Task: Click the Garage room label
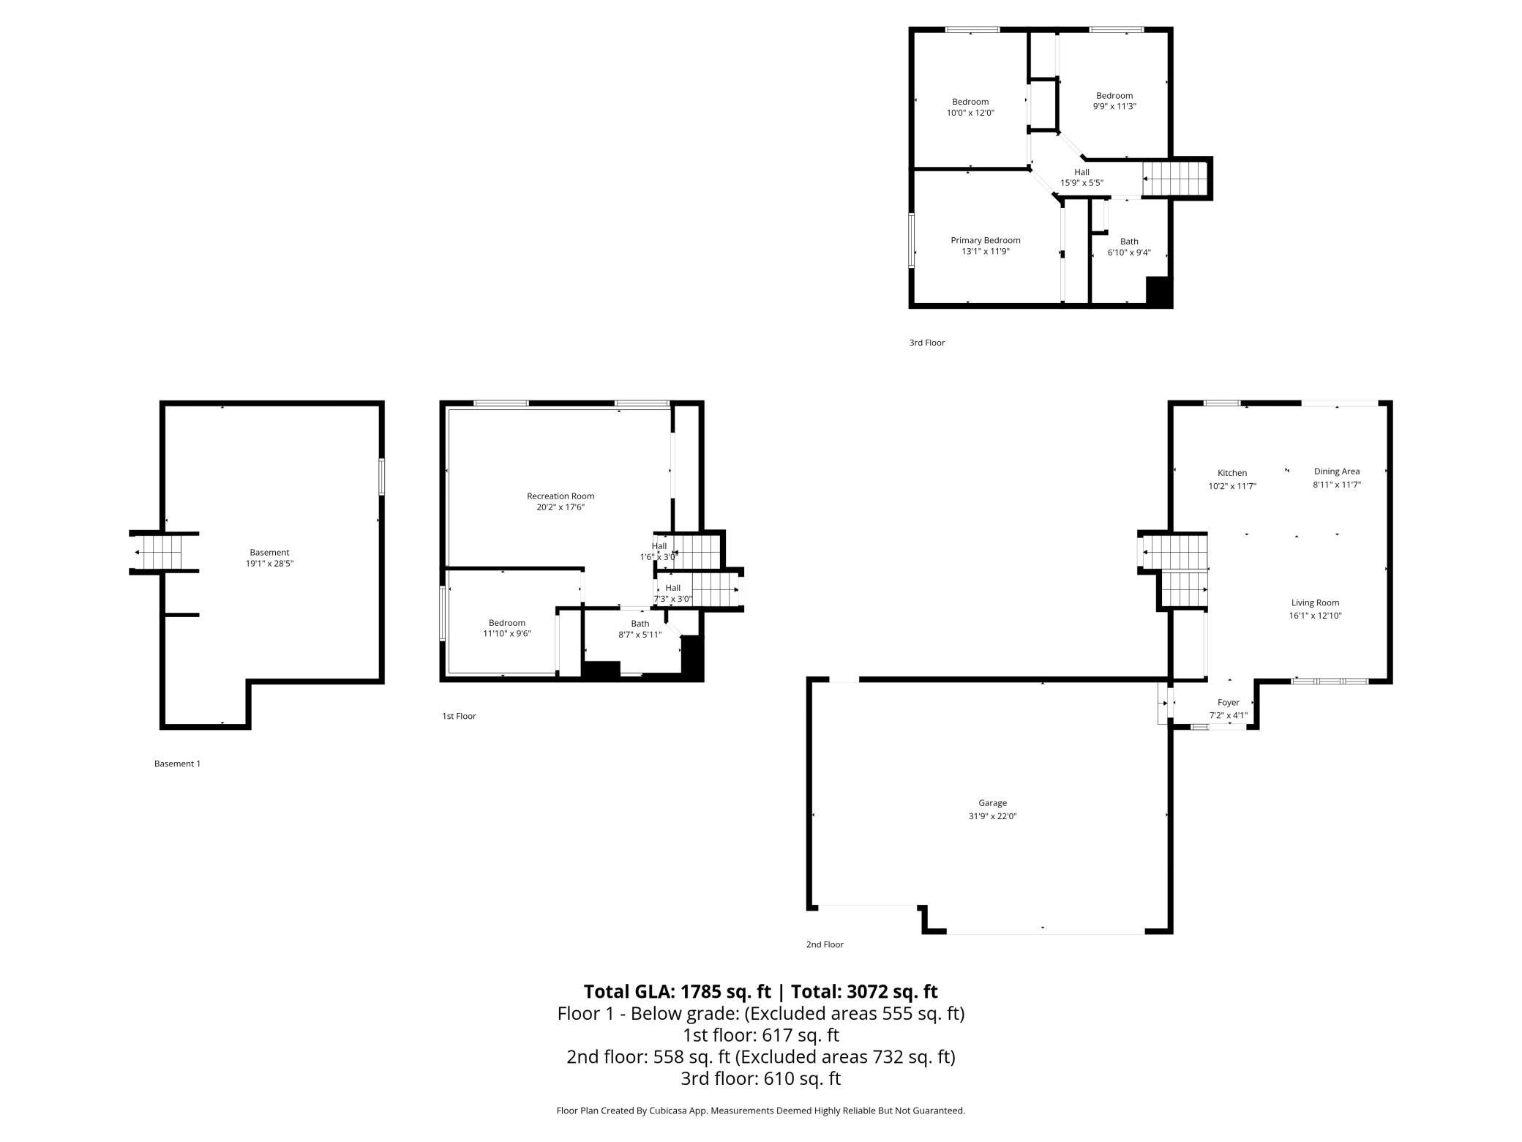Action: pos(992,803)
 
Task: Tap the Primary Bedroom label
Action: pos(985,240)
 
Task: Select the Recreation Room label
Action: pos(561,496)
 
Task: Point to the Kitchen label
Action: pos(1232,473)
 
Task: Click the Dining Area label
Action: pos(1337,471)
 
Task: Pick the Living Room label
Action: pos(1315,603)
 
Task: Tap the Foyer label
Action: pos(1228,703)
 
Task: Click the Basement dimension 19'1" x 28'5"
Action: pos(270,564)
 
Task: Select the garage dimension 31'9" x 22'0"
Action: pos(992,816)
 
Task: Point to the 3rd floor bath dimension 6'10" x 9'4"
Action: pos(1129,253)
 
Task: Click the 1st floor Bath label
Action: pos(640,624)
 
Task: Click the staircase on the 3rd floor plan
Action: pos(1174,179)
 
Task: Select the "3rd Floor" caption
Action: pos(927,343)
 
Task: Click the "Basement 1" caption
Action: pos(177,764)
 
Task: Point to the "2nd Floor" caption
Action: pos(825,944)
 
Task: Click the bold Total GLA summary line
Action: pos(761,991)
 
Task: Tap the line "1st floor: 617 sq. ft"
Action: pos(761,1035)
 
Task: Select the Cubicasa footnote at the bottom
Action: pos(761,1111)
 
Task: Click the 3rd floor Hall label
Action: pos(1081,172)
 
